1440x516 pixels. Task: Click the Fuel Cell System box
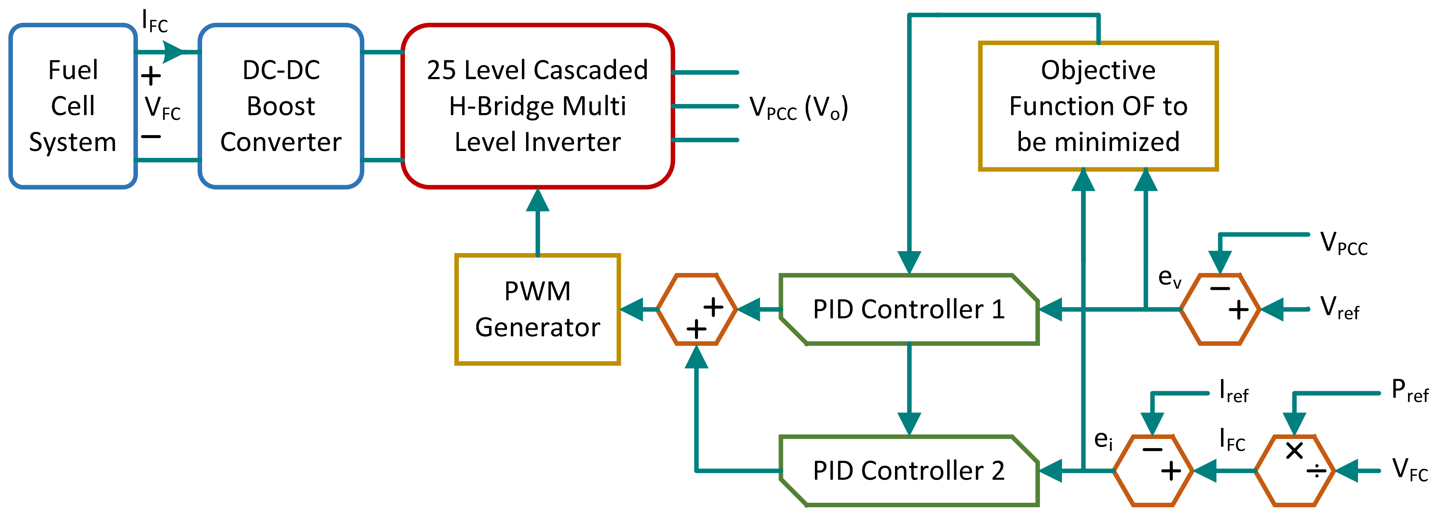point(72,106)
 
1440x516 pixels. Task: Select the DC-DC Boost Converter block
point(280,106)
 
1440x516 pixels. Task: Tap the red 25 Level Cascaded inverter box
point(537,106)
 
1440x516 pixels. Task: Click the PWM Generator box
point(537,309)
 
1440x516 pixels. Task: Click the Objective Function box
point(1098,106)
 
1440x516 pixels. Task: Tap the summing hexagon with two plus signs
point(696,309)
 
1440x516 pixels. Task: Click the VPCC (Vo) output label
point(798,107)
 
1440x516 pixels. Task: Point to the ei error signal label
point(1103,439)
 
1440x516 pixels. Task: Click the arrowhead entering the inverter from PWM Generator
point(537,200)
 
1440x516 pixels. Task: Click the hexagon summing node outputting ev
point(1220,309)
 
